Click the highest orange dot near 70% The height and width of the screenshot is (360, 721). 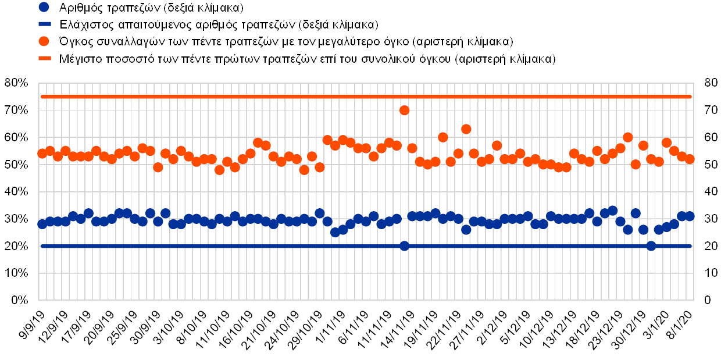pos(405,111)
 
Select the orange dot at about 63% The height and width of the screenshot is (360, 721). pos(466,129)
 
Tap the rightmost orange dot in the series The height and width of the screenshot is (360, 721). pos(690,159)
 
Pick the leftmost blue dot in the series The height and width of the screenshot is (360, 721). pos(42,224)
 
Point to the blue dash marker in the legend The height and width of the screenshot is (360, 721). pos(46,24)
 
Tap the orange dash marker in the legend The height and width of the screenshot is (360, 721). pos(46,59)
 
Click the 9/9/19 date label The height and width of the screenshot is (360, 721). pos(34,323)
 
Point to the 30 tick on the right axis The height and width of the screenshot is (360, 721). pos(708,219)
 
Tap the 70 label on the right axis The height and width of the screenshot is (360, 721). pos(708,111)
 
